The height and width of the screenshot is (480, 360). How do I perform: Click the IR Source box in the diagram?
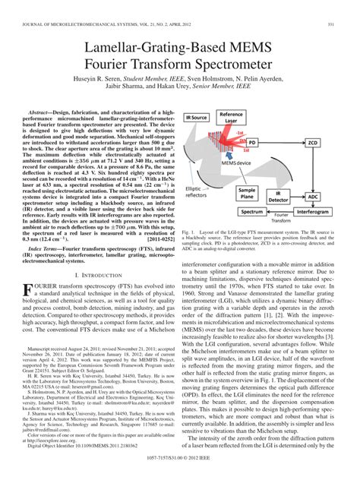pos(196,118)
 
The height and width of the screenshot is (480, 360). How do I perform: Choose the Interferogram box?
pos(313,212)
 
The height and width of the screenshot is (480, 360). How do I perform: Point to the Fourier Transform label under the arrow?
pos(283,219)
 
